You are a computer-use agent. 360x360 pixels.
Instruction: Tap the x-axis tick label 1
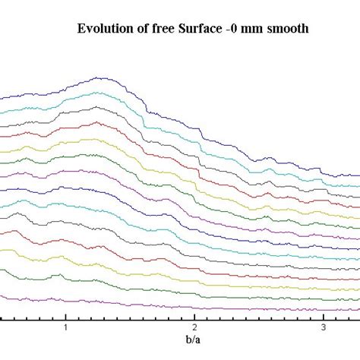[x=66, y=327]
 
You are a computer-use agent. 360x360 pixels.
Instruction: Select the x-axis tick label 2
[x=194, y=327]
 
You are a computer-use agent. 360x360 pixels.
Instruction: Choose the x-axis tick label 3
[x=323, y=327]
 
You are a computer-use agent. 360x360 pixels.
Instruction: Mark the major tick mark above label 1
[x=66, y=317]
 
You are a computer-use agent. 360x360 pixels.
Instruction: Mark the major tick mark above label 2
[x=194, y=317]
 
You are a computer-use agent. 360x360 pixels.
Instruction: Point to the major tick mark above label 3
[x=323, y=317]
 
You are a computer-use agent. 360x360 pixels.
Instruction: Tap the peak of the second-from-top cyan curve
[x=95, y=93]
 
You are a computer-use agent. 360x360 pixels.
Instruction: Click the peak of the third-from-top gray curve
[x=95, y=107]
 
